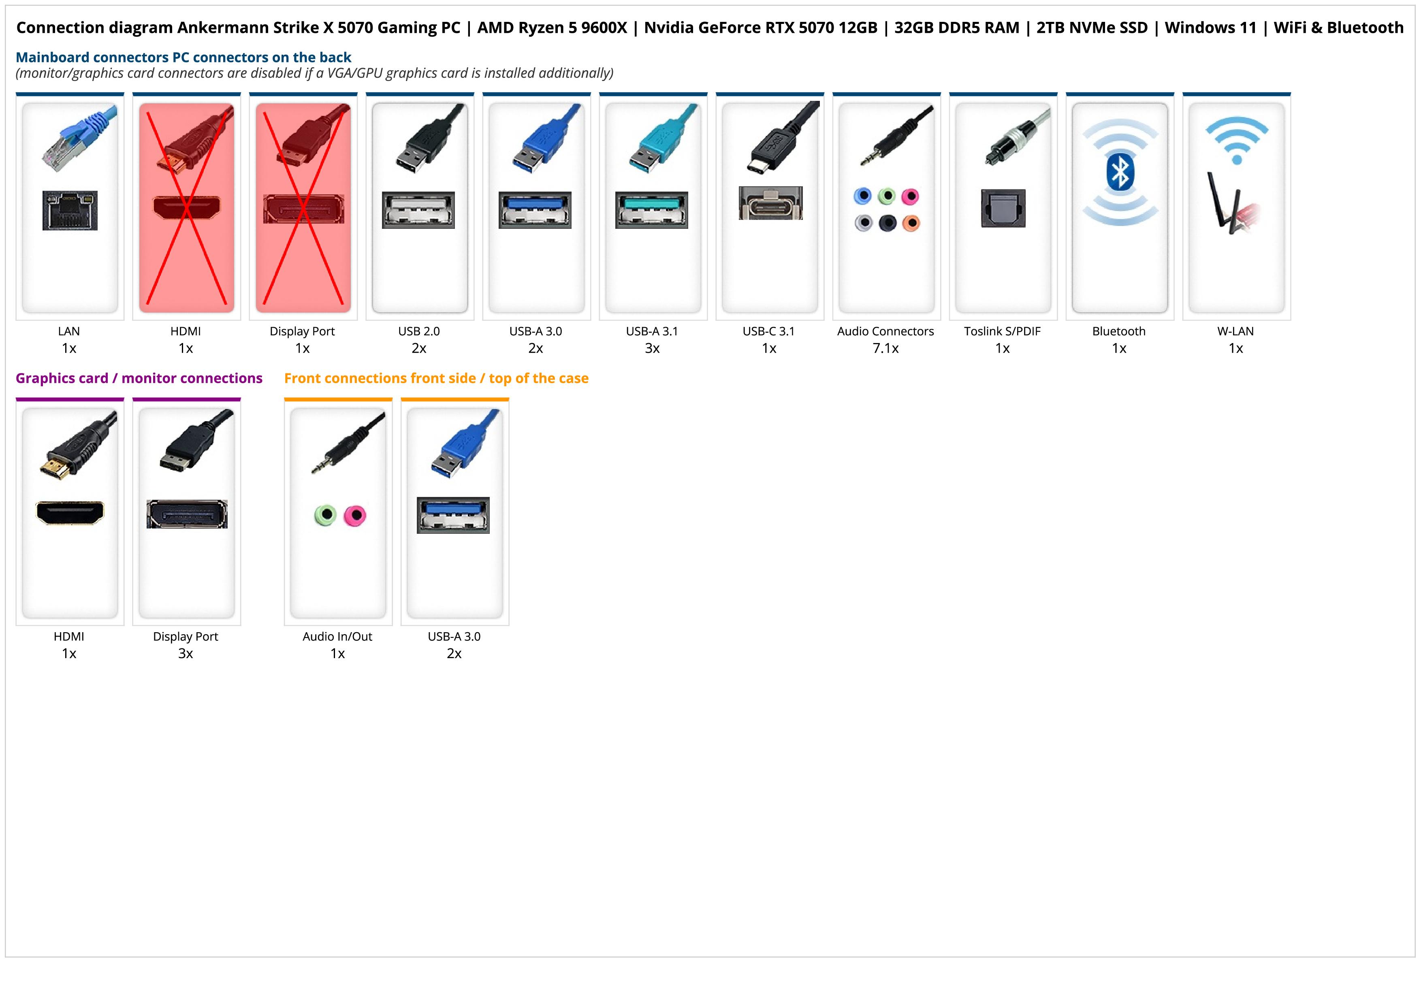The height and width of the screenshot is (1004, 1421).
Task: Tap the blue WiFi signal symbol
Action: [1237, 140]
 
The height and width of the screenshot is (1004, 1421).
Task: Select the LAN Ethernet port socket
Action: [70, 210]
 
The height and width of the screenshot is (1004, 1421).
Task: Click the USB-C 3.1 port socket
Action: [770, 203]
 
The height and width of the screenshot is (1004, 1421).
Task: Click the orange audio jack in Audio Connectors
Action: [911, 223]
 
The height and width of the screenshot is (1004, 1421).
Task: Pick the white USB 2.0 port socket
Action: [418, 210]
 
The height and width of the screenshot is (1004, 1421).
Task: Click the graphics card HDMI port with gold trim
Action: [70, 512]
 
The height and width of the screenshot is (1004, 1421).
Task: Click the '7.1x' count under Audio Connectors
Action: [885, 348]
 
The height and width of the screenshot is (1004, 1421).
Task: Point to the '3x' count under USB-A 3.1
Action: [652, 348]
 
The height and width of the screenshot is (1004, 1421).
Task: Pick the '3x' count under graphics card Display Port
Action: [186, 653]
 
